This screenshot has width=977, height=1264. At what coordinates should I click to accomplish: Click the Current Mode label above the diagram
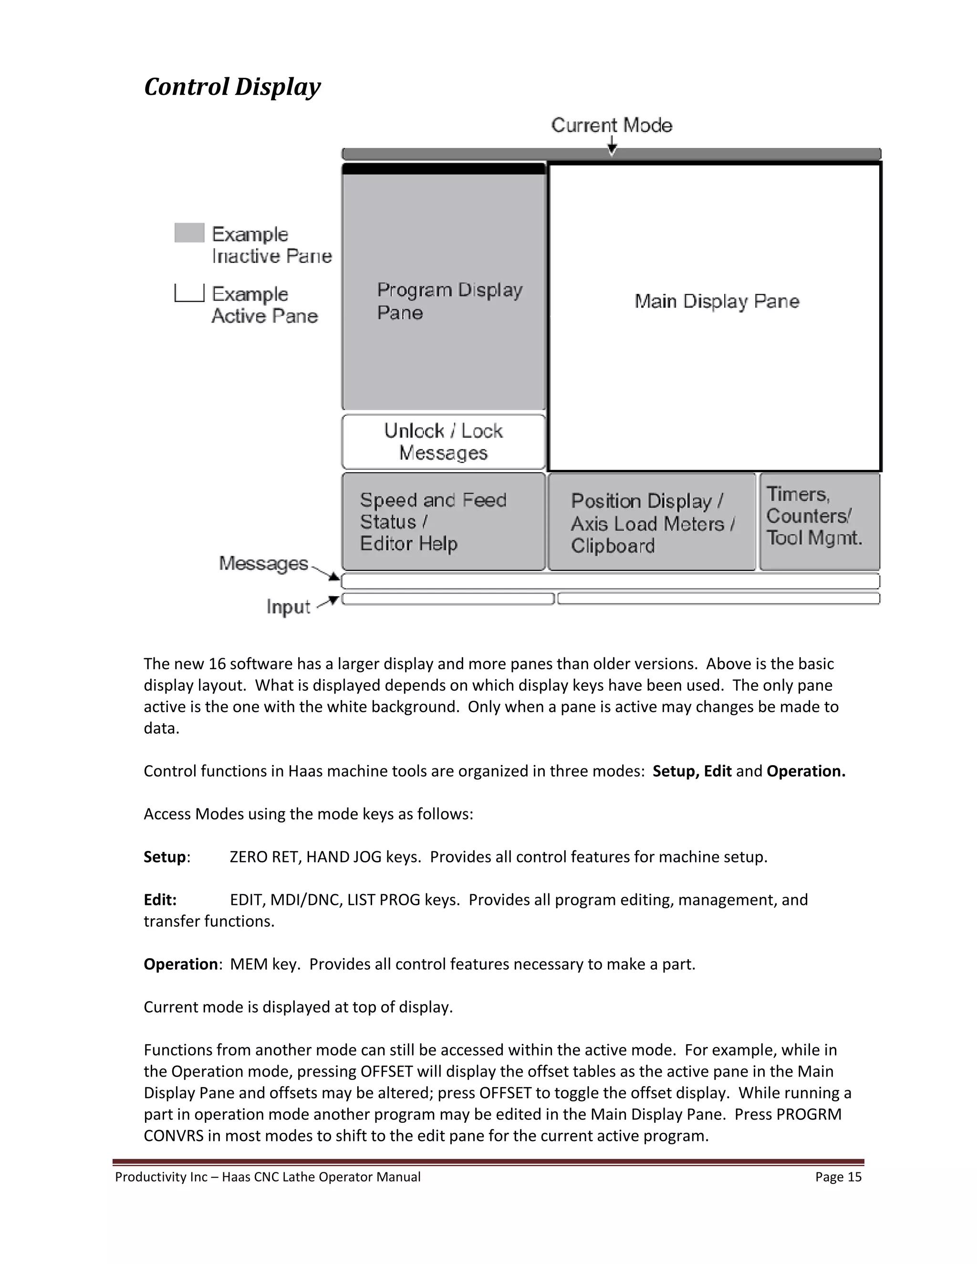pyautogui.click(x=611, y=125)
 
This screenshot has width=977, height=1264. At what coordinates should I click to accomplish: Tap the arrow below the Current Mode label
pyautogui.click(x=612, y=147)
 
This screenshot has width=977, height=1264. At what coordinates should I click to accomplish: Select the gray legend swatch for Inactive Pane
pyautogui.click(x=189, y=233)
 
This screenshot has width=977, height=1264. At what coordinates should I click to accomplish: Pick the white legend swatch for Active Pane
pyautogui.click(x=189, y=293)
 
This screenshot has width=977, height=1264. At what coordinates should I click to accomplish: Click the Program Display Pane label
pyautogui.click(x=449, y=301)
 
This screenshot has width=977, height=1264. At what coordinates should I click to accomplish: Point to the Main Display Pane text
pyautogui.click(x=717, y=301)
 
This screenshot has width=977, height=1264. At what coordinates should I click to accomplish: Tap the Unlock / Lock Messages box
pyautogui.click(x=443, y=442)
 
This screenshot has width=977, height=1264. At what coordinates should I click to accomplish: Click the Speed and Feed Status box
pyautogui.click(x=443, y=521)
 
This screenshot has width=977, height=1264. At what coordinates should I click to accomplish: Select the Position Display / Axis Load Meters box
pyautogui.click(x=652, y=523)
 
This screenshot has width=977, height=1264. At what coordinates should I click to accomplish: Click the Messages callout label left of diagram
pyautogui.click(x=263, y=563)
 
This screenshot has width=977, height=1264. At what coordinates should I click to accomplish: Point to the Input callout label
pyautogui.click(x=288, y=607)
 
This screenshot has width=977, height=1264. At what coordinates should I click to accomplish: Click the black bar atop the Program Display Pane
pyautogui.click(x=443, y=169)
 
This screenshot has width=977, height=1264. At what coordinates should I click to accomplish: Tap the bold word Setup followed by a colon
pyautogui.click(x=165, y=857)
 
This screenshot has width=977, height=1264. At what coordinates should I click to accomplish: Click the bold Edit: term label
pyautogui.click(x=160, y=900)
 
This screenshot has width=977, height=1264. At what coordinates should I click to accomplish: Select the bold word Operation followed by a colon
pyautogui.click(x=181, y=964)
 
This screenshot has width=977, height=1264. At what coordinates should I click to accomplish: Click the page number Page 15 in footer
pyautogui.click(x=838, y=1177)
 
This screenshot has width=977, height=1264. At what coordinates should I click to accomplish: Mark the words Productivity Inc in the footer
pyautogui.click(x=161, y=1177)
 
